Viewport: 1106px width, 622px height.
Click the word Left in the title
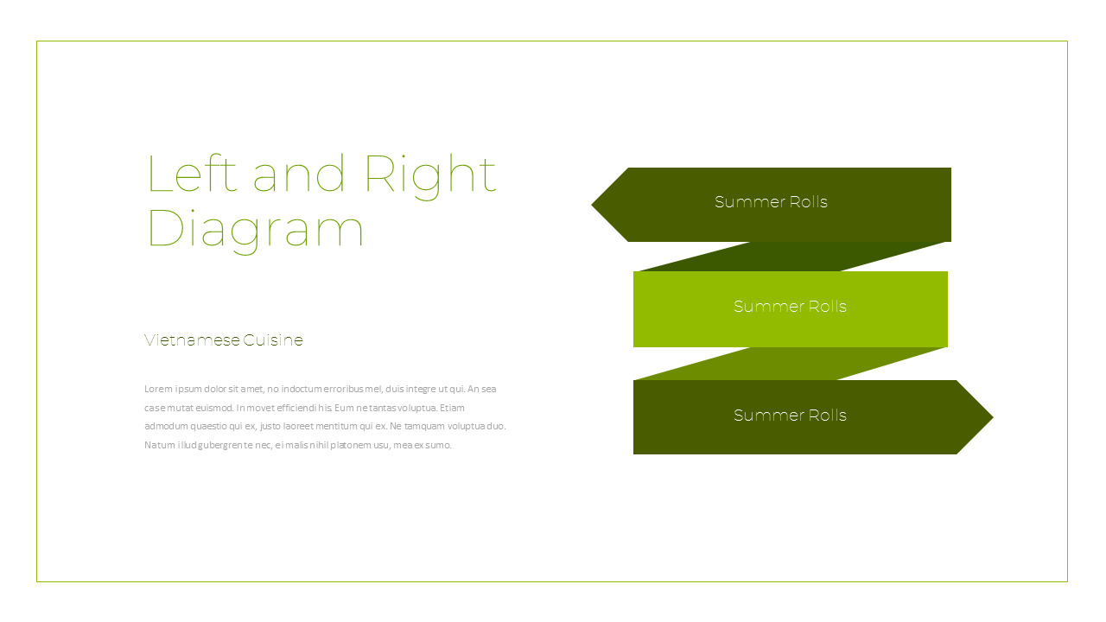pos(192,173)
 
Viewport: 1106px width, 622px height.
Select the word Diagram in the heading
pos(255,231)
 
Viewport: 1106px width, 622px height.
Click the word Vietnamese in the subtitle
pos(192,340)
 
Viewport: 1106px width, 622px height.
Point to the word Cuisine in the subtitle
pos(273,340)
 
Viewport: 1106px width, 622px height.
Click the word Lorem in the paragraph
pos(158,389)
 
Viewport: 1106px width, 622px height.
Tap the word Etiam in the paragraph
pos(452,408)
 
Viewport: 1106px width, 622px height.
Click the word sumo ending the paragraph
pos(438,445)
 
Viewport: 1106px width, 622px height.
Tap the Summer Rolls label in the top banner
pos(771,202)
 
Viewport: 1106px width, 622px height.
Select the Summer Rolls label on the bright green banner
pos(790,307)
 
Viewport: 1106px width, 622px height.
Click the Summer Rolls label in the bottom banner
pos(790,416)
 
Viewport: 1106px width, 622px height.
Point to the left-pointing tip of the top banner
pos(592,205)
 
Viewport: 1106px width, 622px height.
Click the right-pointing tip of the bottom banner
pos(993,417)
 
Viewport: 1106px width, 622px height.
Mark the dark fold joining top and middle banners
pos(792,257)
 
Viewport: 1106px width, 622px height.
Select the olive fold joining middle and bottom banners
pos(790,364)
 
